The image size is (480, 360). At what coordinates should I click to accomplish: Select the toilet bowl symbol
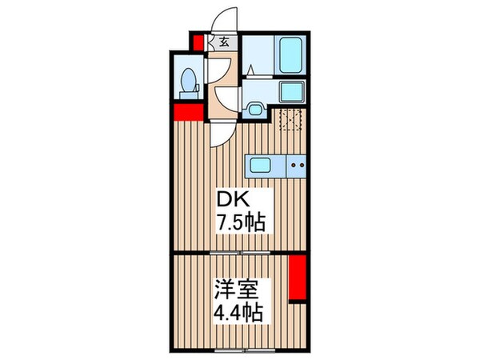point(188,79)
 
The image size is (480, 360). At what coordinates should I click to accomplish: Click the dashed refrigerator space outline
point(290,121)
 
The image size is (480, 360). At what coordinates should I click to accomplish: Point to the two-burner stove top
point(297,166)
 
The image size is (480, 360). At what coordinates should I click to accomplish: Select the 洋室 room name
point(238,286)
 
